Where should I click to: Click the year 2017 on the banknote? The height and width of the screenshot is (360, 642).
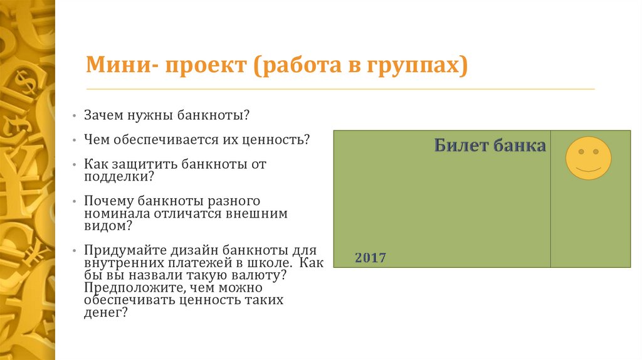371,258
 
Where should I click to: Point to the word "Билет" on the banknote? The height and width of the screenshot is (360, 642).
461,146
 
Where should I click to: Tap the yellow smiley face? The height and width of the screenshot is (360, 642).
588,158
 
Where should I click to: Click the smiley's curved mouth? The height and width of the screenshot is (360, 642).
588,169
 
